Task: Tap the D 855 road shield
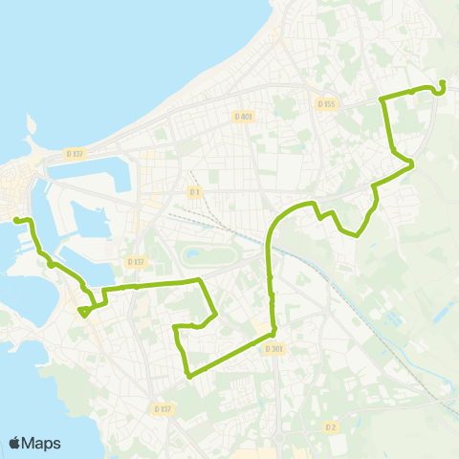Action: point(326,103)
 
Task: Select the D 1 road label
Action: point(195,192)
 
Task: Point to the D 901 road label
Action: point(273,349)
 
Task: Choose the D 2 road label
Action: point(330,426)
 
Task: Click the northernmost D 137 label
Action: point(75,153)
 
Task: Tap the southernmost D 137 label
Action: point(163,408)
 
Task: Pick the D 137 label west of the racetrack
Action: point(135,262)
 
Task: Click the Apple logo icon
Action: point(15,443)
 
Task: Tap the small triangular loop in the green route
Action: point(85,310)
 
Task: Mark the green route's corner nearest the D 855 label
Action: point(382,98)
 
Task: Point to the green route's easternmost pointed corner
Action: point(412,165)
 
